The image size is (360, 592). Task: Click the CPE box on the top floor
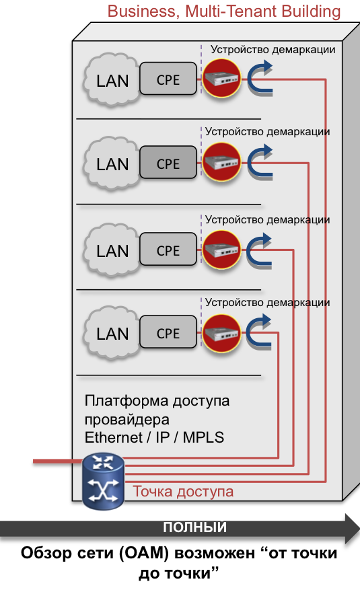(x=168, y=79)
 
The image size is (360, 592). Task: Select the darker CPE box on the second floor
(x=168, y=162)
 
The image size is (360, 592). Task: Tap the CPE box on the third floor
(x=168, y=249)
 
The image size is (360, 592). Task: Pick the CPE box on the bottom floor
(x=168, y=332)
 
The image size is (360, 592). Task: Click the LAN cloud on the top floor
(x=112, y=80)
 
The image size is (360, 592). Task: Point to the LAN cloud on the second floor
(x=112, y=163)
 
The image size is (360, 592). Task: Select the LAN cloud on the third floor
(x=112, y=250)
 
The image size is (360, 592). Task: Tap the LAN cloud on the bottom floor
(x=112, y=333)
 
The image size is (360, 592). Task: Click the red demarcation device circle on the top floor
(x=221, y=79)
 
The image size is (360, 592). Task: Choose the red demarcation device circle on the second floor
(x=221, y=162)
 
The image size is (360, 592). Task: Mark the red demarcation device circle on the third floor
(x=221, y=250)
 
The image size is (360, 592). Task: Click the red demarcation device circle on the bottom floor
(x=221, y=333)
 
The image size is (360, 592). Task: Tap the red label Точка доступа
(x=183, y=492)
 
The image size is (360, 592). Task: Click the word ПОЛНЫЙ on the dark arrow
(x=194, y=527)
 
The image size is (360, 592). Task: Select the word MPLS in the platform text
(x=204, y=437)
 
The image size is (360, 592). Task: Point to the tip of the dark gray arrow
(x=359, y=528)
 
